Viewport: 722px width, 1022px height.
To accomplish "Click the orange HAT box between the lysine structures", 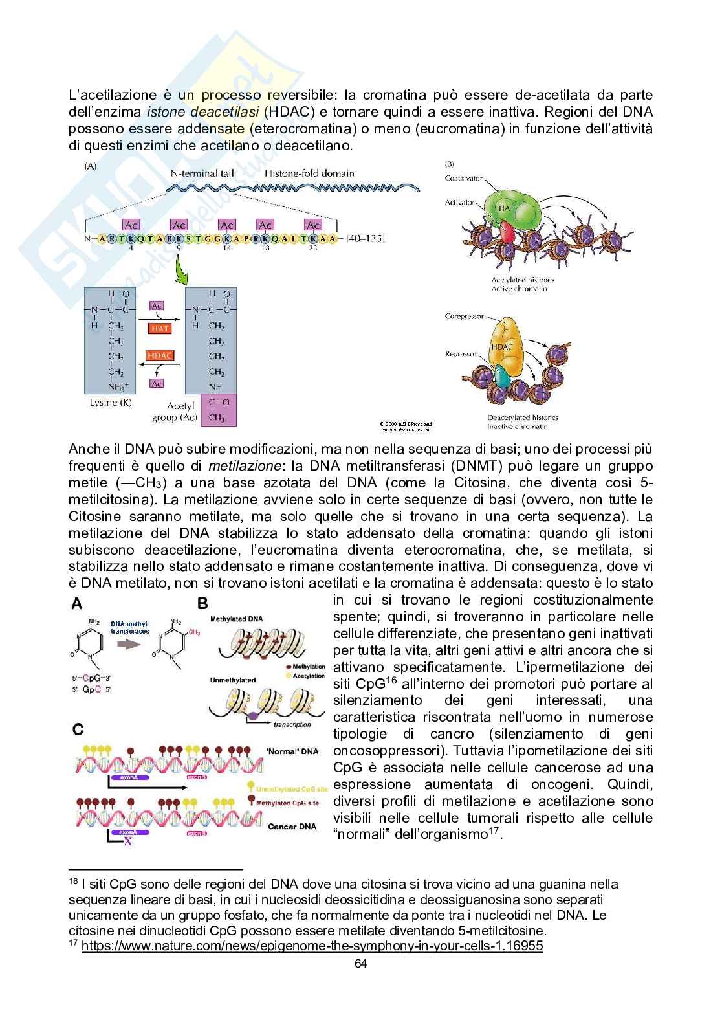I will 160,328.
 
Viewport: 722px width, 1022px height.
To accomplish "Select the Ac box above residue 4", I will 131,225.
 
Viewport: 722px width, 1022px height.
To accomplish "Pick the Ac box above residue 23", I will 313,225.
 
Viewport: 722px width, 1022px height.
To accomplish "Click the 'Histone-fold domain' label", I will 310,173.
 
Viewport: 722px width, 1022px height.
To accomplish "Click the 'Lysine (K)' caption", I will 111,403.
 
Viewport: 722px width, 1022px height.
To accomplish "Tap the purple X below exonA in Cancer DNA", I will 127,841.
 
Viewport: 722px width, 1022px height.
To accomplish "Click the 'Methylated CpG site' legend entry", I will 287,803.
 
